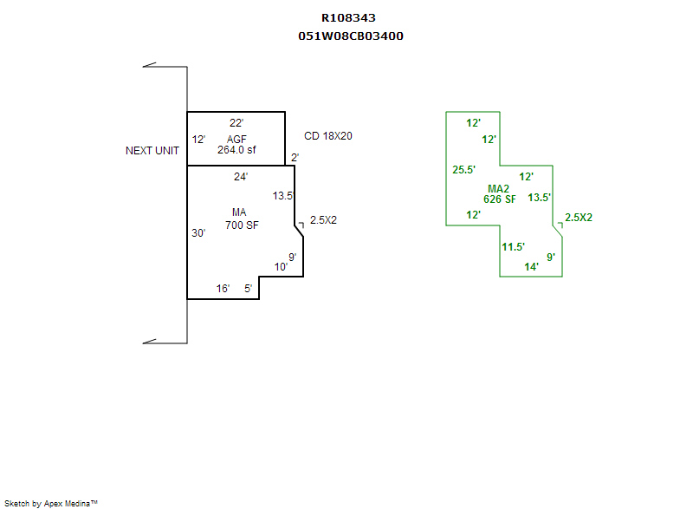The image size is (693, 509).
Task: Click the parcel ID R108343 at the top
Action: tap(348, 17)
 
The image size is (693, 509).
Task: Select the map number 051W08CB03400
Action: tap(350, 36)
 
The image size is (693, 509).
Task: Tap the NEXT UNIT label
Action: tap(152, 151)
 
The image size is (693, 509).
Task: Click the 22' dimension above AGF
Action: tap(236, 123)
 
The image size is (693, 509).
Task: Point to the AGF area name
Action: tap(236, 140)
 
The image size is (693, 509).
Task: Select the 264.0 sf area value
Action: tap(236, 149)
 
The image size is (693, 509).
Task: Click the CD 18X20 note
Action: tap(328, 136)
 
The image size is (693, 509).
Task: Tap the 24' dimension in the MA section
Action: tap(241, 177)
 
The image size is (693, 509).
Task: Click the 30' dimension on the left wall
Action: tap(198, 233)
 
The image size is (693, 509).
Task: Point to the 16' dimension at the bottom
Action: tap(223, 289)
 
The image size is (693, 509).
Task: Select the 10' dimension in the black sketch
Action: tap(281, 267)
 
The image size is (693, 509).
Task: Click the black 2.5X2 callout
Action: tap(323, 220)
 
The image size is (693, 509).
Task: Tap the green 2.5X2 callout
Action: tap(579, 218)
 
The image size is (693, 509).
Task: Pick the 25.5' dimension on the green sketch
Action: tap(464, 170)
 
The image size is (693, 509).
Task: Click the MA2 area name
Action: tap(498, 189)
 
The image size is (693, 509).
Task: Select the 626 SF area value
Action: tap(499, 199)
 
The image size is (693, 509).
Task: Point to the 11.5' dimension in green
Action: tap(514, 247)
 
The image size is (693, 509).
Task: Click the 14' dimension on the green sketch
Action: tap(532, 267)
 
